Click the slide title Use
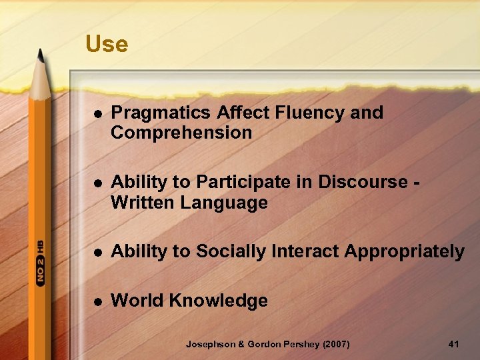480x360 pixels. [107, 44]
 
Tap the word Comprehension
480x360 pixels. [181, 133]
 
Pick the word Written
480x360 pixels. [140, 202]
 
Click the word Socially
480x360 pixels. [219, 251]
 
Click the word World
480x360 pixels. [137, 301]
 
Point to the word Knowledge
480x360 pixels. [218, 301]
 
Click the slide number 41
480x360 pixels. [454, 344]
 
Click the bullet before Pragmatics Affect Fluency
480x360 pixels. [97, 114]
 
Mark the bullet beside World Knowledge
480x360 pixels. [97, 301]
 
